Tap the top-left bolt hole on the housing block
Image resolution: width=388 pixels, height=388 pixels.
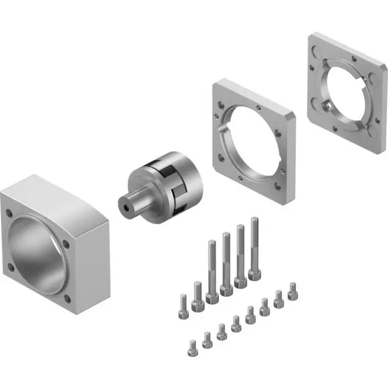coord(9,212)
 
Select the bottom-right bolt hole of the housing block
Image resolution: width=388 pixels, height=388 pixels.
coord(68,299)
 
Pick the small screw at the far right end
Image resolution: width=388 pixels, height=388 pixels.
coord(293,289)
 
